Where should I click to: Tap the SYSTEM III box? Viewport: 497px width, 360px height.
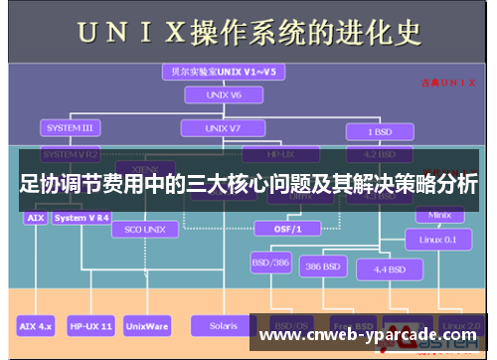(x=69, y=128)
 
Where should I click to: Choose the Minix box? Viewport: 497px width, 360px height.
(x=437, y=215)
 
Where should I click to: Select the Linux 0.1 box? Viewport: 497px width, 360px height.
(x=437, y=239)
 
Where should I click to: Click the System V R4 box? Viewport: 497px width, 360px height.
(x=83, y=217)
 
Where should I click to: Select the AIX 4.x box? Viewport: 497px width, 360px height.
(x=37, y=324)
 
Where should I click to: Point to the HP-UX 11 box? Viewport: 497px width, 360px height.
(x=91, y=324)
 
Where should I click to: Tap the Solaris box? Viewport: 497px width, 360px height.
(x=216, y=324)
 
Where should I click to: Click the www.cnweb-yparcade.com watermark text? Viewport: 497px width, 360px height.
(x=367, y=336)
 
